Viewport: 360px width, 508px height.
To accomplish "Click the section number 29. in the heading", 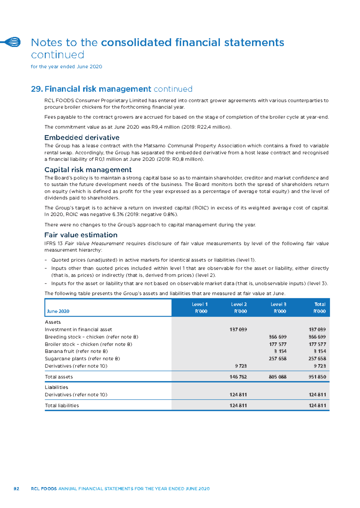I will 37,89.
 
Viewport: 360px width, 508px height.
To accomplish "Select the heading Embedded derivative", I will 82,137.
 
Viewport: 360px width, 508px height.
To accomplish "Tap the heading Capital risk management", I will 88,170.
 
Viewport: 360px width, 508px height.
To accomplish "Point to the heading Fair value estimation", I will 81,235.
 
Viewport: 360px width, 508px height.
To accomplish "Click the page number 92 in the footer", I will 16,489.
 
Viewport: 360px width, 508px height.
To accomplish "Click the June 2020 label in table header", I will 58,311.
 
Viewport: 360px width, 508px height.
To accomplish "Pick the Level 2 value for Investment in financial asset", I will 238,329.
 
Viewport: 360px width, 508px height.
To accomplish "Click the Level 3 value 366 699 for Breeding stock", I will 278,337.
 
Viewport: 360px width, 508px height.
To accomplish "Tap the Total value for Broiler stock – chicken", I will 317,344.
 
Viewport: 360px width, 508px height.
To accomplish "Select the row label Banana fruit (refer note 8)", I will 76,351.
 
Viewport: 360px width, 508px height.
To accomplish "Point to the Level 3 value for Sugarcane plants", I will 278,359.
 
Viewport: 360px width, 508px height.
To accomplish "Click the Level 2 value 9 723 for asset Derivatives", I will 241,366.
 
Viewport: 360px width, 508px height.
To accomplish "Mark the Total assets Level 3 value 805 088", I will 278,377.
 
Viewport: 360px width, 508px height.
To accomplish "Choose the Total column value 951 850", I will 317,377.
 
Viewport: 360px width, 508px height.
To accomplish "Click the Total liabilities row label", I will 62,406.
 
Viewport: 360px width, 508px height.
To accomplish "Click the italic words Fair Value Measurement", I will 94,244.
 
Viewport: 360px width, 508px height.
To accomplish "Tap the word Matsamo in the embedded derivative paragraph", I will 154,146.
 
